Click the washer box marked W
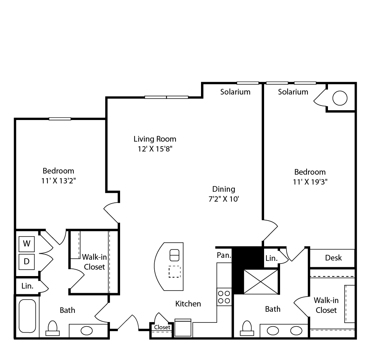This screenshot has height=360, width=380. click(27, 244)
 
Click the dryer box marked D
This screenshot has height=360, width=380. click(27, 262)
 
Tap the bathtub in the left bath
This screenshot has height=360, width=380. click(27, 316)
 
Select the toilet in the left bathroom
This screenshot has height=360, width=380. click(52, 328)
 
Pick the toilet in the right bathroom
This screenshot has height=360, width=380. click(247, 328)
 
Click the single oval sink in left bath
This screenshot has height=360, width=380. click(87, 330)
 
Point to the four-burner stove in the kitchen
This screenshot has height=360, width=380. click(224, 297)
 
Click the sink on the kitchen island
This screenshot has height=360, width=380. click(174, 255)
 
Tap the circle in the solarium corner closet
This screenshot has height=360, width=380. click(340, 98)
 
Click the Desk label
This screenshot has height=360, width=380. click(334, 258)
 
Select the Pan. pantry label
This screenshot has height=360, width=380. click(224, 255)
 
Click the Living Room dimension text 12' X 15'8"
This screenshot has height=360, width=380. click(155, 149)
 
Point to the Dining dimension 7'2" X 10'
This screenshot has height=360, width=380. click(224, 199)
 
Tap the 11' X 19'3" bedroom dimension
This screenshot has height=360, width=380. click(310, 182)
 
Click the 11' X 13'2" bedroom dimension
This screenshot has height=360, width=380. click(59, 181)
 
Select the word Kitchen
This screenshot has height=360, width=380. click(188, 304)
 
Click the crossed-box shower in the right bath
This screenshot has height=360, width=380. click(261, 282)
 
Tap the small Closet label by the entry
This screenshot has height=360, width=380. click(162, 327)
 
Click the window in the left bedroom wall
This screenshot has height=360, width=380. click(60, 119)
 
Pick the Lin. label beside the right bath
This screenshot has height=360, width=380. click(271, 258)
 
